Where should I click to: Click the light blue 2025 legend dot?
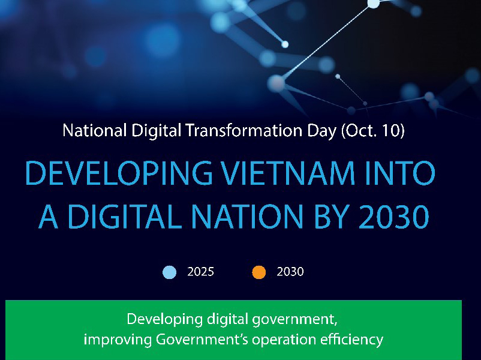pyautogui.click(x=169, y=272)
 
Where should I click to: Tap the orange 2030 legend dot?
pyautogui.click(x=259, y=272)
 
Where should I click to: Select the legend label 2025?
pyautogui.click(x=201, y=272)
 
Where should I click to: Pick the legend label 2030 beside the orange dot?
pyautogui.click(x=290, y=272)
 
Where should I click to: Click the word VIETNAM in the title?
pyautogui.click(x=288, y=173)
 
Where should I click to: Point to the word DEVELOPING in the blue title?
pyautogui.click(x=119, y=173)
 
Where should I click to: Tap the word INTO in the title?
pyautogui.click(x=399, y=173)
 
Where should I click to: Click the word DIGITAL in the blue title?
pyautogui.click(x=123, y=217)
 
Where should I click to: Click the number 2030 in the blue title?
pyautogui.click(x=394, y=217)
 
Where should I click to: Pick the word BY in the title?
pyautogui.click(x=331, y=217)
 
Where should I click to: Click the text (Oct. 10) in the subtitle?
pyautogui.click(x=372, y=130)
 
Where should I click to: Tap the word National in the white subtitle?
pyautogui.click(x=95, y=130)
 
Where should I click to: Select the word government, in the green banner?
pyautogui.click(x=295, y=319)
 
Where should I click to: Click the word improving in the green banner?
pyautogui.click(x=118, y=340)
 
